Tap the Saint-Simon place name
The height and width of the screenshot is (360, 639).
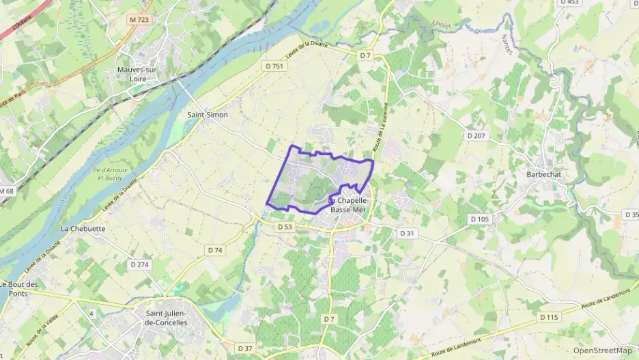pos(208,115)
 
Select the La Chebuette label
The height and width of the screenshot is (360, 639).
pos(83,228)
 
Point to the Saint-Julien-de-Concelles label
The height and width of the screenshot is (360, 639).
pos(167,318)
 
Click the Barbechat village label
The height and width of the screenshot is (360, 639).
pos(543,174)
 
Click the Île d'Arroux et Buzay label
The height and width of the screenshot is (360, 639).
pos(109,174)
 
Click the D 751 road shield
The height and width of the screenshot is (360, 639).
pos(274,66)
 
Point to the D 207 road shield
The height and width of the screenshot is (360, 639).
pos(477,136)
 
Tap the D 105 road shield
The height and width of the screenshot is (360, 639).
pos(480,219)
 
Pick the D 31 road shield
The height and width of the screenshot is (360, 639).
pos(407,233)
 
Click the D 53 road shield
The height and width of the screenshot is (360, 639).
pos(285,226)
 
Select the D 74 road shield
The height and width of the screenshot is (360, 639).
pos(215,250)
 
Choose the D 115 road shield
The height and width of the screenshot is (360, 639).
pos(548,317)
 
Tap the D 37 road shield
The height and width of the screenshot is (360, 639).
pos(244,348)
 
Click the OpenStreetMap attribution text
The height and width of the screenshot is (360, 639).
pos(603,350)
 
